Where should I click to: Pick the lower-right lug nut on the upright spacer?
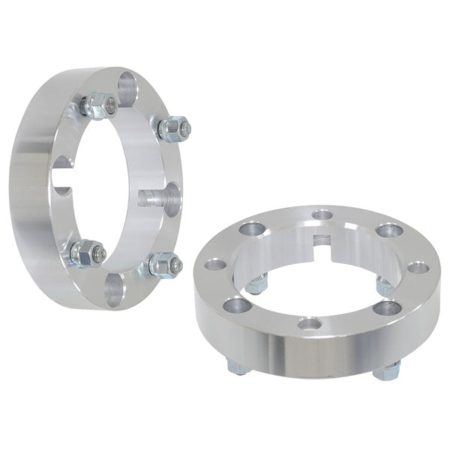[163, 264]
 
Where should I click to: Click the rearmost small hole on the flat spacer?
[322, 216]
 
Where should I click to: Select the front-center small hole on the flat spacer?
[308, 323]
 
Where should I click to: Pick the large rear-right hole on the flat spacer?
[388, 230]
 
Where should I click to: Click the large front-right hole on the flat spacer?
[387, 307]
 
